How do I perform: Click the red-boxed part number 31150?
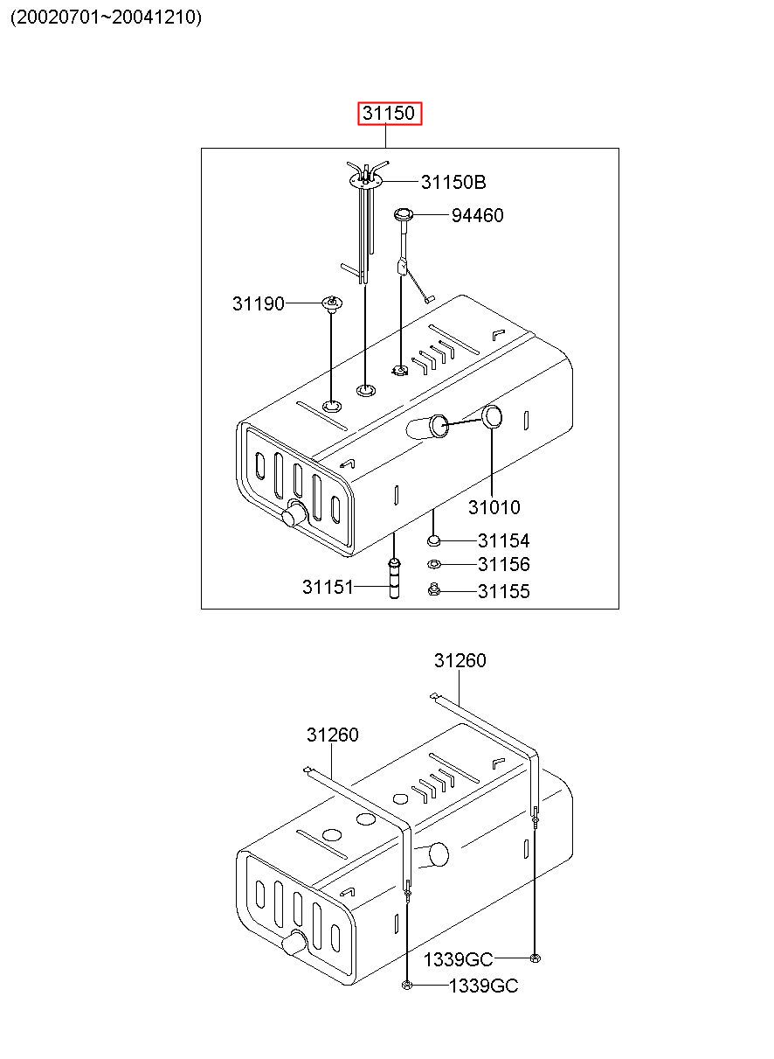click(x=390, y=114)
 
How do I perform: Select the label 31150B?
click(x=453, y=182)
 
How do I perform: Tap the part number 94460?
click(x=477, y=215)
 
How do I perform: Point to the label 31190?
click(x=259, y=303)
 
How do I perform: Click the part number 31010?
click(x=494, y=507)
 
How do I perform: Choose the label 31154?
click(x=503, y=541)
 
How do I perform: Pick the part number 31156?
click(x=503, y=565)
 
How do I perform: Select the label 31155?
click(x=503, y=592)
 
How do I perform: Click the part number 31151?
click(x=328, y=587)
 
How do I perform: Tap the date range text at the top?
click(x=106, y=17)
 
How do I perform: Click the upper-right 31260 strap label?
click(x=460, y=661)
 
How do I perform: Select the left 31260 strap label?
click(x=332, y=735)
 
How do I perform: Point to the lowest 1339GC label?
click(x=483, y=986)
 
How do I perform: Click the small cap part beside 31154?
click(x=434, y=541)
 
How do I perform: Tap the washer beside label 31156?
click(x=434, y=565)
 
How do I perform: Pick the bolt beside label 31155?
click(x=433, y=591)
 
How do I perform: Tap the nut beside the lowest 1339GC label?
click(x=408, y=986)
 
